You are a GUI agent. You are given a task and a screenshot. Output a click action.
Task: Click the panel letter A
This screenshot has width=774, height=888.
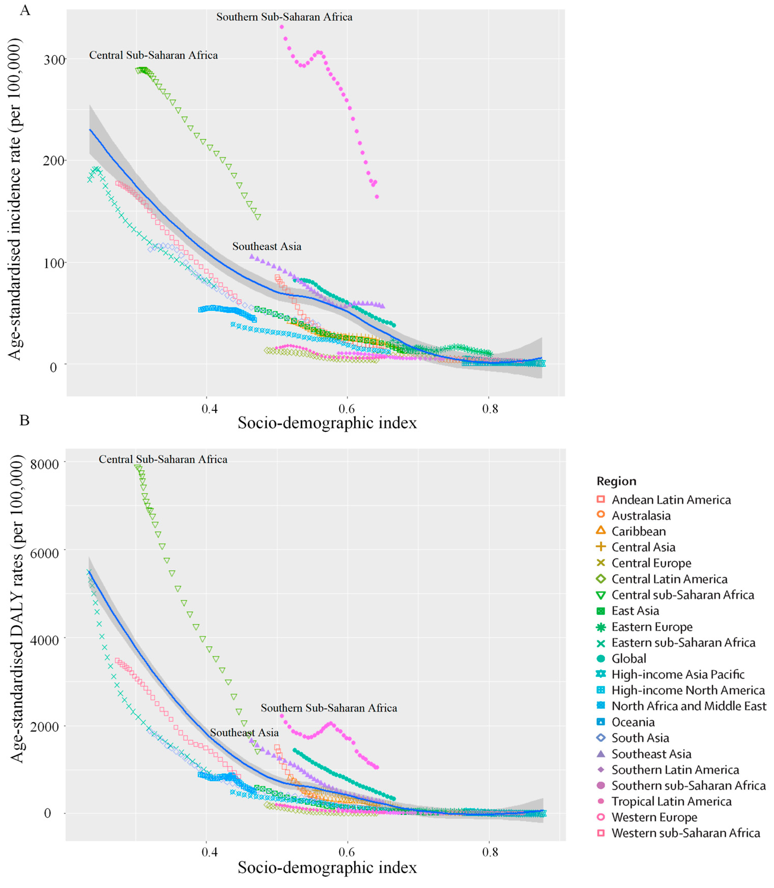(25, 10)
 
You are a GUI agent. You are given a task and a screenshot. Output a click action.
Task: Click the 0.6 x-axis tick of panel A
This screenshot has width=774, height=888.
(347, 408)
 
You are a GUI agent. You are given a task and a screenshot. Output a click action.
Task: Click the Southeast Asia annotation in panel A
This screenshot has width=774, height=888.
(267, 247)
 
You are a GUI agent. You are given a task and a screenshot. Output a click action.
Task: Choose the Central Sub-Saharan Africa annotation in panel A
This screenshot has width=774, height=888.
(153, 55)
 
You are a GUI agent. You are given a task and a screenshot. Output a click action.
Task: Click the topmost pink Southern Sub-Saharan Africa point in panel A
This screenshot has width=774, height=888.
(282, 27)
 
